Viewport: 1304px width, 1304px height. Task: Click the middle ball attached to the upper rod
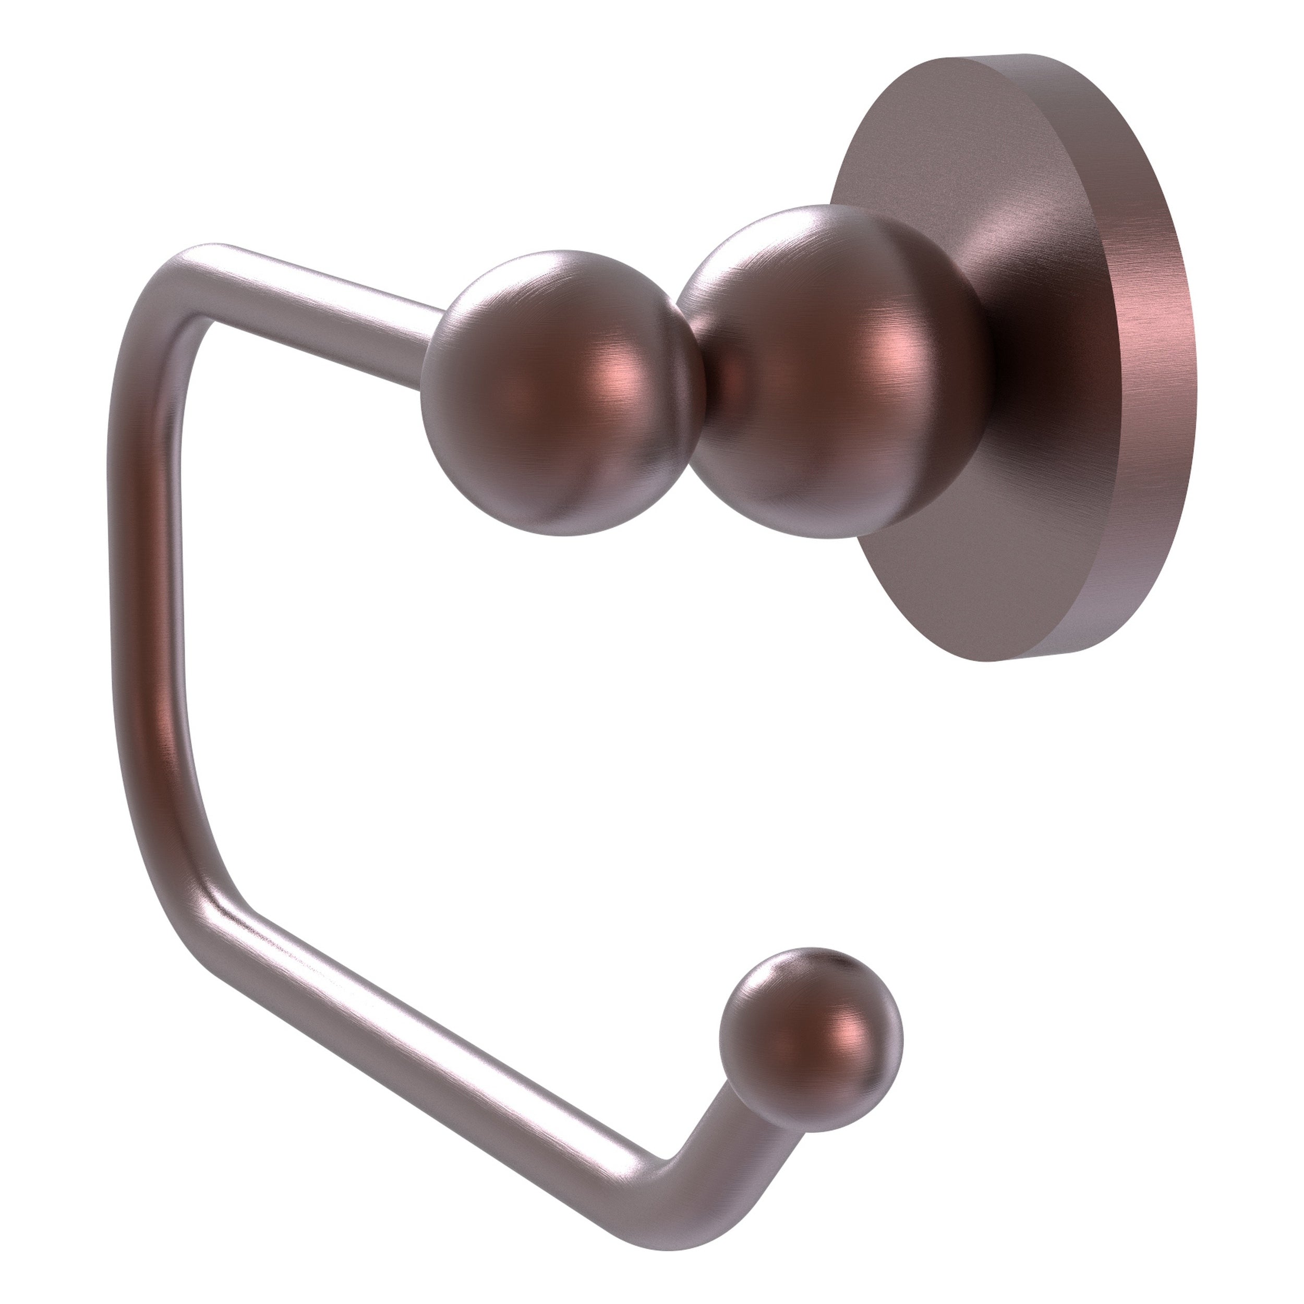[560, 392]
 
